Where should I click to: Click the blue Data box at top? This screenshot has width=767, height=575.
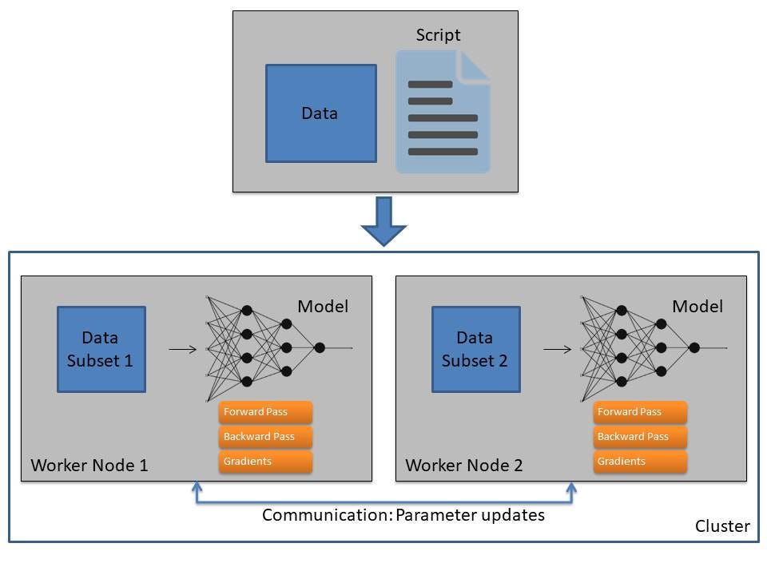point(321,113)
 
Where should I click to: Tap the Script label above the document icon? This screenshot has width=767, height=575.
point(438,35)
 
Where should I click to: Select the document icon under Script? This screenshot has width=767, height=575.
point(443,112)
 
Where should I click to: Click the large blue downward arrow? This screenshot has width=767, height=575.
point(384,221)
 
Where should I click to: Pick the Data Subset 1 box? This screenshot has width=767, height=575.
point(101,349)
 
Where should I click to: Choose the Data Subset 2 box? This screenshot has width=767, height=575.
point(476,349)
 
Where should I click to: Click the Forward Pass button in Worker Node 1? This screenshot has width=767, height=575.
point(265,412)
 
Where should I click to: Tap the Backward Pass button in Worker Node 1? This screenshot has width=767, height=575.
point(265,437)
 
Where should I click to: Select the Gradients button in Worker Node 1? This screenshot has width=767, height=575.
point(265,462)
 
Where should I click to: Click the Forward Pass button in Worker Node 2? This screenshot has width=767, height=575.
point(640,412)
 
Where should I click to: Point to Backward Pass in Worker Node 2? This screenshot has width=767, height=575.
point(640,437)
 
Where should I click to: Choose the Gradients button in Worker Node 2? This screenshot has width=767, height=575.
point(640,462)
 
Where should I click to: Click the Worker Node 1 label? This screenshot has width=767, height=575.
point(89,465)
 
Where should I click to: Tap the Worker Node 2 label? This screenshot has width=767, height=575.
point(463,465)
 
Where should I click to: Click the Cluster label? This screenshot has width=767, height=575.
point(722,526)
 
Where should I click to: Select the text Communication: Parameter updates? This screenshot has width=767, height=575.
point(403,515)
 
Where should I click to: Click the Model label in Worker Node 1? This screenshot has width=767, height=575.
point(323,307)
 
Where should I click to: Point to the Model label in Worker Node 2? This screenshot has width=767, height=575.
point(697,307)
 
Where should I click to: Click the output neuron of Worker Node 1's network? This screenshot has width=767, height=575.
point(320,347)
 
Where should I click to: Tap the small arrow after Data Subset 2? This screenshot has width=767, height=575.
point(557,349)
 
